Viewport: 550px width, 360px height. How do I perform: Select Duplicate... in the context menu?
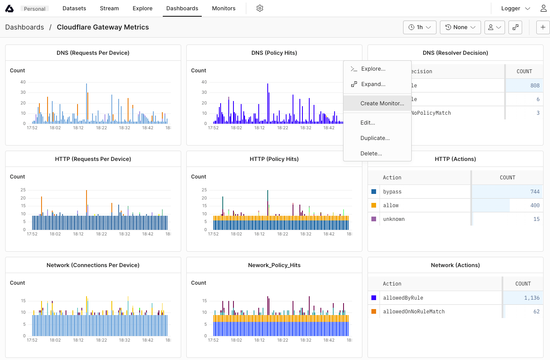tap(375, 138)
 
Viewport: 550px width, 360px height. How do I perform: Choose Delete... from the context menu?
tap(371, 153)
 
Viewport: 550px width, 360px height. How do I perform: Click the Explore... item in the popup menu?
tap(373, 69)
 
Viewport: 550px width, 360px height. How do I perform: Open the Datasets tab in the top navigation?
tap(74, 9)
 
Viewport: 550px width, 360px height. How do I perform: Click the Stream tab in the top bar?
tap(109, 9)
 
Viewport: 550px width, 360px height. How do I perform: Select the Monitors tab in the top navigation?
tap(224, 9)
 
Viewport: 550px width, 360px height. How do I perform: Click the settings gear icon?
tap(260, 9)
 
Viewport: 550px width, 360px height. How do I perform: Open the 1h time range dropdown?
tap(419, 27)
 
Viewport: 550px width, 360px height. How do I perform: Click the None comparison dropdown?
tap(460, 27)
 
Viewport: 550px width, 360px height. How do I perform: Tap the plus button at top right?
tap(543, 27)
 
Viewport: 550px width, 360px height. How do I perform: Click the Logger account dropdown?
tap(515, 9)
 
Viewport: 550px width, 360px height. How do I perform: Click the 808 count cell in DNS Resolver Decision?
tap(535, 86)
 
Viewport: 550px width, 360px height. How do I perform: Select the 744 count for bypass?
tap(535, 192)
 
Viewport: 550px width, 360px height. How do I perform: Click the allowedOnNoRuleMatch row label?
tap(413, 312)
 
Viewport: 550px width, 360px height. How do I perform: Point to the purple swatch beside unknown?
tap(374, 219)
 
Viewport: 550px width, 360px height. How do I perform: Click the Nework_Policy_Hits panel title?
tap(274, 265)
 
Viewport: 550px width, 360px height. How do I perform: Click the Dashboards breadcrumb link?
tap(24, 27)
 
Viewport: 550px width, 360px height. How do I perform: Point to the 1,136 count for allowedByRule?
tap(532, 298)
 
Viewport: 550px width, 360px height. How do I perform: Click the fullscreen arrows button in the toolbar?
tap(515, 27)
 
